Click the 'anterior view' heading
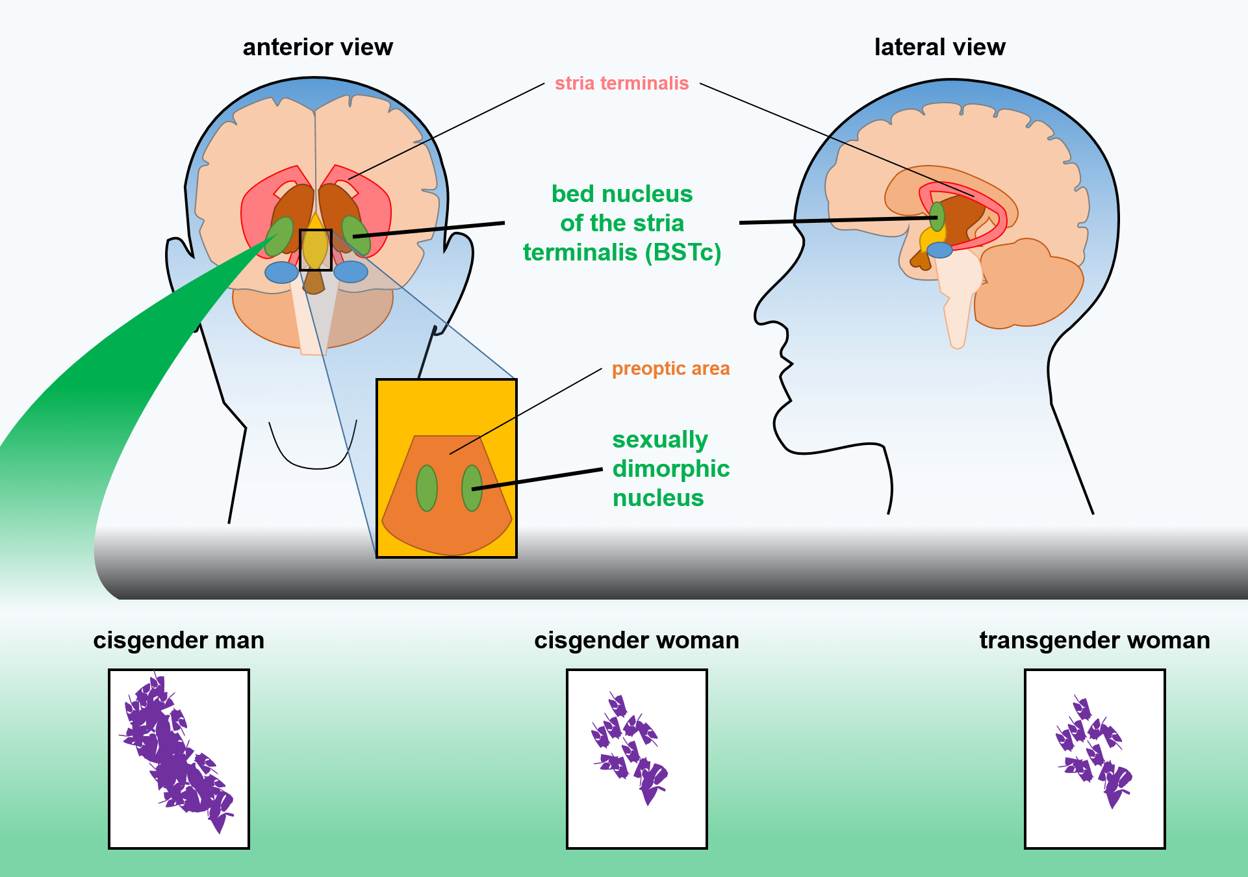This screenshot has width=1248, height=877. point(318,47)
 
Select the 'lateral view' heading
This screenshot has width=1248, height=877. point(939,47)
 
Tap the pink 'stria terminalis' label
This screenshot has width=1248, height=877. point(622,83)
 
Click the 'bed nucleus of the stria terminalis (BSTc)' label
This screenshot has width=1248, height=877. point(622,223)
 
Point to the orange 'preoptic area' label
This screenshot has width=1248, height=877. point(670,369)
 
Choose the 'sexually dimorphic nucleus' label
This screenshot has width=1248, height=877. point(670,468)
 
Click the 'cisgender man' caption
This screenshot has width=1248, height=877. point(179,641)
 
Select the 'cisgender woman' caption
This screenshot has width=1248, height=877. point(637,641)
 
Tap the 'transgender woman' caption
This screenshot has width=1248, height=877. point(1095,641)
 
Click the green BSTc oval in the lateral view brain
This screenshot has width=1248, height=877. point(937,216)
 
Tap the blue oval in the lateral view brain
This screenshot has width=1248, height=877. point(939,249)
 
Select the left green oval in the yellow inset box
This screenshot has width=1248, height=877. point(426,488)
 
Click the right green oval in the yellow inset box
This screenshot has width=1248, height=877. point(472,488)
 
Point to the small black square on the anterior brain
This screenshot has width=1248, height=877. point(316,250)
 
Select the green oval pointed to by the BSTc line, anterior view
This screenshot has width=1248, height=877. point(356,235)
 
